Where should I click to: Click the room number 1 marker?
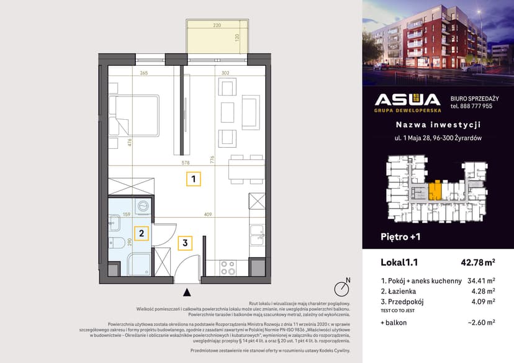(194, 180)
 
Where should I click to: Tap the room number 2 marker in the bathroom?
(142, 233)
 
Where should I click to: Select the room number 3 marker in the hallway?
(185, 243)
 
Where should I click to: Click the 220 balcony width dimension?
(217, 26)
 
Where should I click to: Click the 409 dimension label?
(207, 215)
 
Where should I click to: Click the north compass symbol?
(340, 289)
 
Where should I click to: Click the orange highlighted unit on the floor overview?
(438, 189)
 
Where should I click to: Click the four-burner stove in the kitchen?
(228, 267)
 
